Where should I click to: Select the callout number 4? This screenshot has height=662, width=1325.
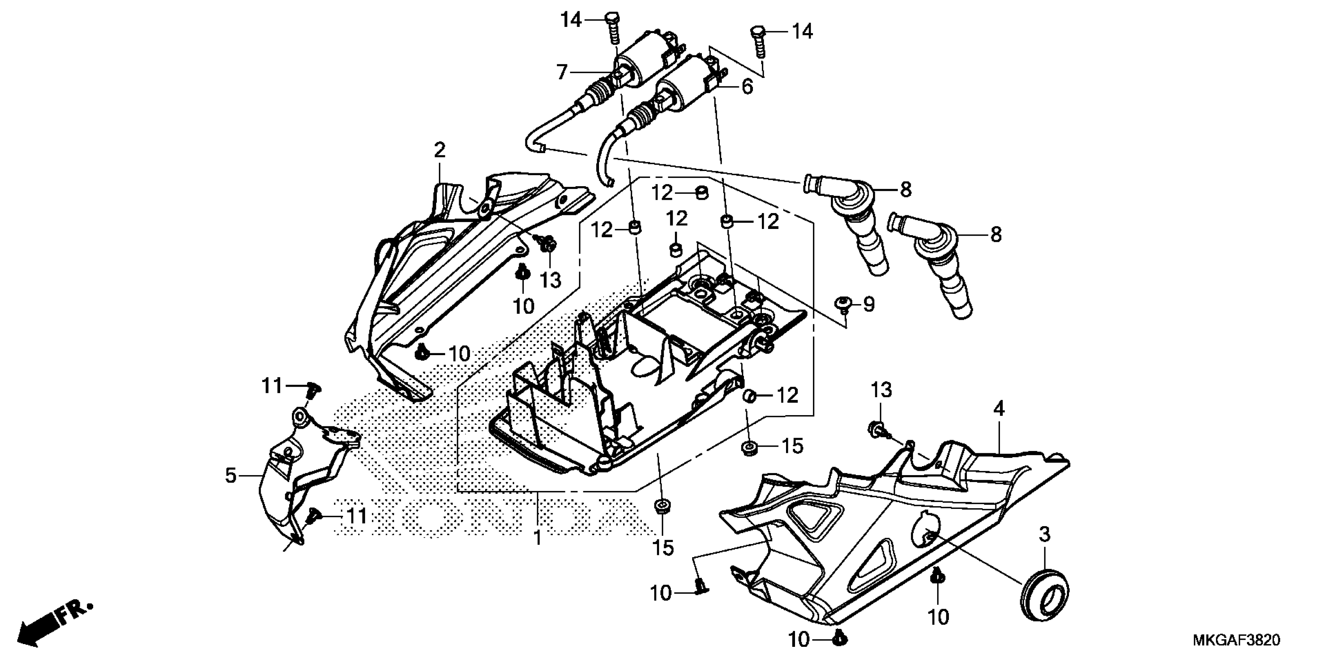click(x=998, y=409)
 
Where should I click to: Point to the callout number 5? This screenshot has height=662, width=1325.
click(x=231, y=476)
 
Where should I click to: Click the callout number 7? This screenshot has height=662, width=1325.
click(x=562, y=72)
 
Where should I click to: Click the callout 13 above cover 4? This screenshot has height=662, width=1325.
click(x=881, y=390)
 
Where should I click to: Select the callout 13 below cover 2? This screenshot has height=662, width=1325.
click(x=550, y=281)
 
